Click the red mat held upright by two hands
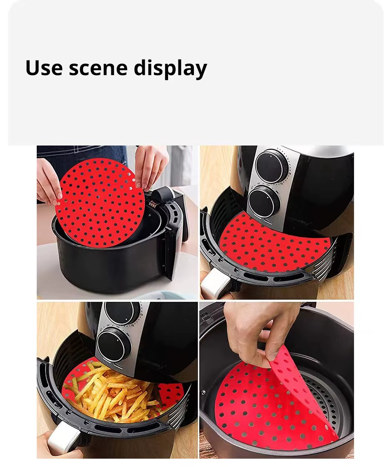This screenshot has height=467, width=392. point(100,202)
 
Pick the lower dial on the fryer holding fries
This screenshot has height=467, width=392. point(113,344)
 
